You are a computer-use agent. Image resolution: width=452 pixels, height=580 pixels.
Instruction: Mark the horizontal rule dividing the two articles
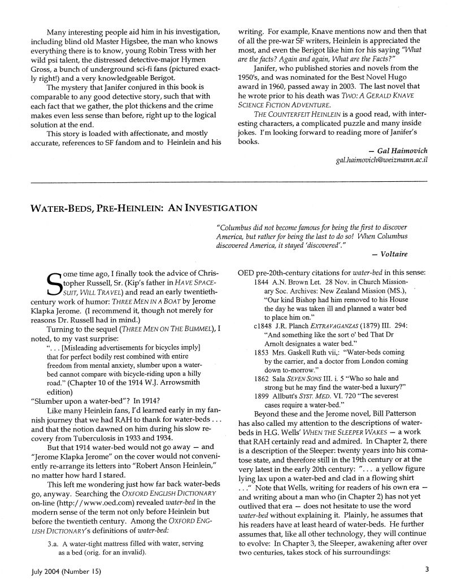pyautogui.click(x=226, y=182)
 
